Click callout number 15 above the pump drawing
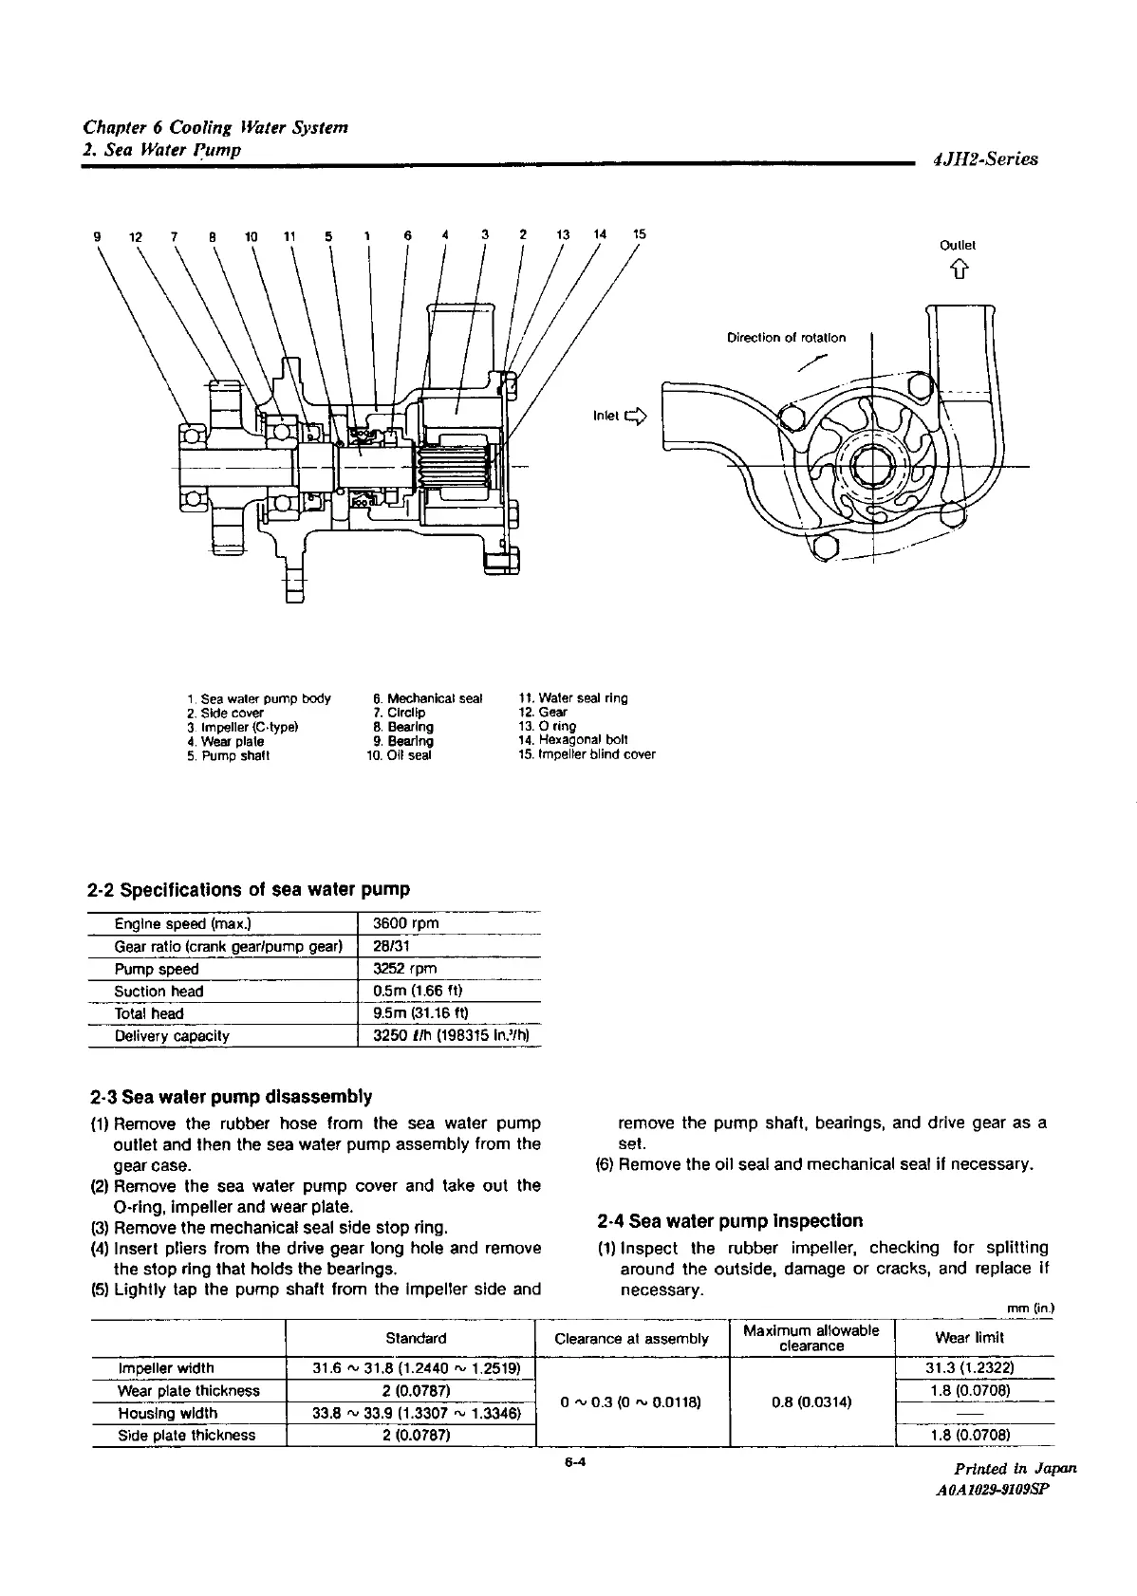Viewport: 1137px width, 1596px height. (640, 234)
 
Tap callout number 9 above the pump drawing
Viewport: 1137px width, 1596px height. (97, 235)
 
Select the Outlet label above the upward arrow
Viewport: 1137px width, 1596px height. (958, 245)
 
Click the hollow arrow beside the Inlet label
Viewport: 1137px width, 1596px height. (635, 416)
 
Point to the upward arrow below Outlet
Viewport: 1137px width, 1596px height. (959, 273)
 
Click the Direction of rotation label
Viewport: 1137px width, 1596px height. (786, 337)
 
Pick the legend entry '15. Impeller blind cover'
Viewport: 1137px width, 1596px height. (587, 754)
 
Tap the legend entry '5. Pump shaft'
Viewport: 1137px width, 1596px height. (229, 755)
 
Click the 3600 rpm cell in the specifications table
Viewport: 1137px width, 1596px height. (406, 923)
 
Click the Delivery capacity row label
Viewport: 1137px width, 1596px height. (172, 1035)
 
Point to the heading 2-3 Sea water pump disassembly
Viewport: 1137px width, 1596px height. (231, 1097)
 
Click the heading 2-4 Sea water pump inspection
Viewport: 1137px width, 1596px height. (731, 1220)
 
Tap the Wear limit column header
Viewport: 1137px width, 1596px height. (969, 1337)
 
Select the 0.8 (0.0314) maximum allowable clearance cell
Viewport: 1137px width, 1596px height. (811, 1401)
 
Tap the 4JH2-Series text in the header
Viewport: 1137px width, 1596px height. (985, 159)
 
